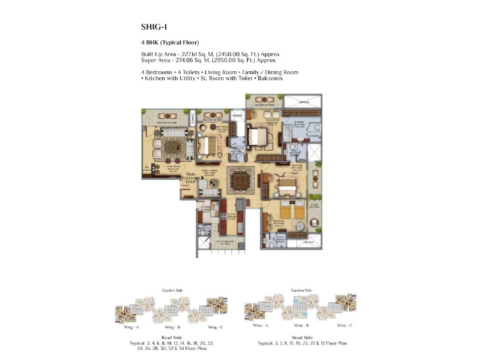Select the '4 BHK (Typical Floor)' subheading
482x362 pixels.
[x=171, y=42]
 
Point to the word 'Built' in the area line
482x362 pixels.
[x=148, y=54]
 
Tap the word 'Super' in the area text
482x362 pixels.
[x=149, y=60]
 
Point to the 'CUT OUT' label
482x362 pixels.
[x=309, y=242]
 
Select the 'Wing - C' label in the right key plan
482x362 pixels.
[x=344, y=325]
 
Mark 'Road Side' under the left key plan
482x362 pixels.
[x=172, y=337]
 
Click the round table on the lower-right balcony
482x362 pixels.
[x=313, y=224]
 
